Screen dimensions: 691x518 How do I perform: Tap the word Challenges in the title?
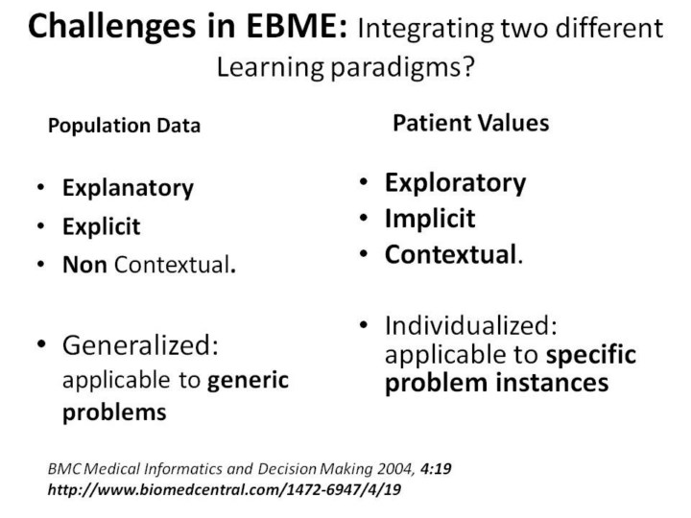coord(112,27)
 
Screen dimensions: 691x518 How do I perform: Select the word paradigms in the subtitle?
coord(402,68)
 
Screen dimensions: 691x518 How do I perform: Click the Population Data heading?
coord(124,126)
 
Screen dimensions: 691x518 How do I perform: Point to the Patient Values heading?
coord(471,123)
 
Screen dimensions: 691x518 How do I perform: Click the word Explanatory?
coord(129,189)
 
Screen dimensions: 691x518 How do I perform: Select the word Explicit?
coord(102,226)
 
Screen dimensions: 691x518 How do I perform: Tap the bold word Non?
coord(84,265)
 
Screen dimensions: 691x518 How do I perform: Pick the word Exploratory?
coord(455,183)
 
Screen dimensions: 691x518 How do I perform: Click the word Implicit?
coord(430,219)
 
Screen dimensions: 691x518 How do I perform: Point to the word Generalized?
coord(140,345)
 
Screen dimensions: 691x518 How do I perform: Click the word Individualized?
coord(471,325)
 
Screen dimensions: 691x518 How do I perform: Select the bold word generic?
coord(248,381)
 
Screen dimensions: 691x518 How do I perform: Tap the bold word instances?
coord(553,383)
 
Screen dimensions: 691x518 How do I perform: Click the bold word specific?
coord(591,355)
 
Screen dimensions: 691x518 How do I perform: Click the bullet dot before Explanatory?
coord(41,188)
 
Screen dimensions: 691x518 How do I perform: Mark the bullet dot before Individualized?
coord(364,325)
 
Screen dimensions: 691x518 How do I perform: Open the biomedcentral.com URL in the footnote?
coord(225,489)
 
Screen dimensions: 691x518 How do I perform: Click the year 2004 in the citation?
coord(395,469)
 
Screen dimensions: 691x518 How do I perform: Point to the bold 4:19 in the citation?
coord(436,468)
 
